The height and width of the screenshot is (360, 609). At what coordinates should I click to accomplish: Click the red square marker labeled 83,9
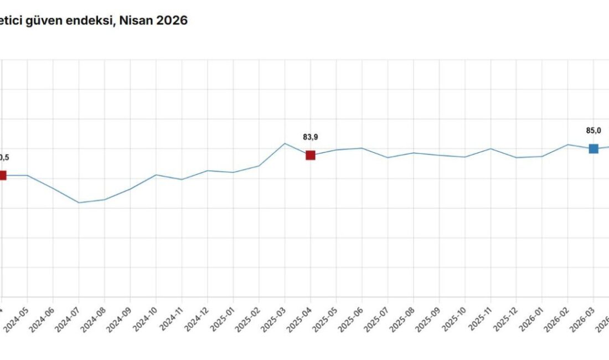click(311, 155)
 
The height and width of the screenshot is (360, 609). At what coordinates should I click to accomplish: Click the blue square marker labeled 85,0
click(593, 148)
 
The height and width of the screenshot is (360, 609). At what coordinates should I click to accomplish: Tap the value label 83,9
click(311, 137)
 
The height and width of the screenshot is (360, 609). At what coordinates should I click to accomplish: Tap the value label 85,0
click(593, 131)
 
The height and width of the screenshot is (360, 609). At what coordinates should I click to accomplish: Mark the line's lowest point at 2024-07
click(79, 203)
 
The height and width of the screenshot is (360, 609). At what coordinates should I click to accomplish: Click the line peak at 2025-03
click(285, 143)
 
